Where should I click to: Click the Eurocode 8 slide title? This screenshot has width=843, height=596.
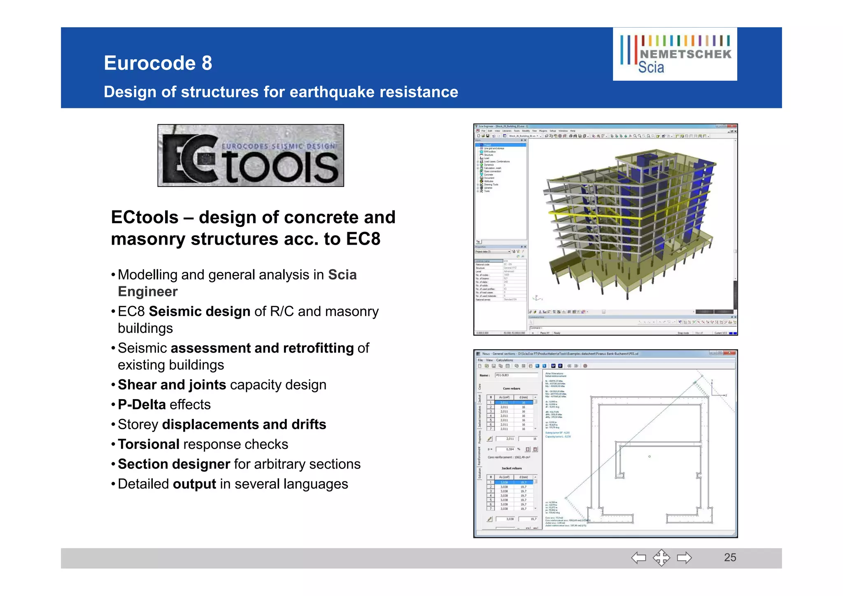[158, 63]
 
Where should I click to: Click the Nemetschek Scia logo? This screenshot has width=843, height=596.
[675, 54]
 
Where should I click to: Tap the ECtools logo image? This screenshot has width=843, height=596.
[251, 156]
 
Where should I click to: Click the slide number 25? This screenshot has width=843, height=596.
[730, 557]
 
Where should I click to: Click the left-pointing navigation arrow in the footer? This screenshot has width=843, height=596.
[638, 558]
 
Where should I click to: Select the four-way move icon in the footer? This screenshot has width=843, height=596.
[661, 558]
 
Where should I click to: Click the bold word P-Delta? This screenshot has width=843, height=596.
[142, 404]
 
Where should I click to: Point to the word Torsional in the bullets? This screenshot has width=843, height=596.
[149, 444]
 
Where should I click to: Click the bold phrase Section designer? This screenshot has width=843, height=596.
[174, 464]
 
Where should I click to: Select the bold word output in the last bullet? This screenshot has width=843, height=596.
[194, 484]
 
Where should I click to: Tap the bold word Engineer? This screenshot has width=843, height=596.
[147, 291]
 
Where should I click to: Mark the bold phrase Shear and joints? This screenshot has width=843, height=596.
[172, 385]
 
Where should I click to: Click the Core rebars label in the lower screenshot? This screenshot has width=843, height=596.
[511, 388]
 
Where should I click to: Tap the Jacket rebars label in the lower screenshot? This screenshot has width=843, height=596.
[511, 468]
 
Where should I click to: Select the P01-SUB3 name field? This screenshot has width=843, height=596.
[516, 375]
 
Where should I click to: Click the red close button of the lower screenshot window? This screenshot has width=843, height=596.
[730, 353]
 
